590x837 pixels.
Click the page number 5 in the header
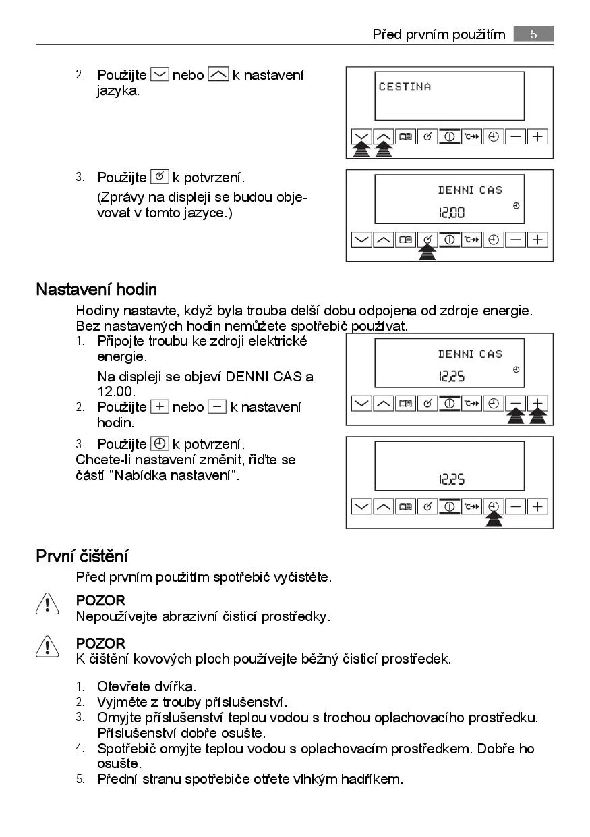click(x=533, y=34)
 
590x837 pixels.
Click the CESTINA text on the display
click(x=405, y=86)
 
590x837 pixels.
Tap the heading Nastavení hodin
click(x=96, y=290)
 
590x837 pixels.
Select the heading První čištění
click(x=82, y=556)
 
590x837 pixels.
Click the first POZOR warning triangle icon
click(x=47, y=603)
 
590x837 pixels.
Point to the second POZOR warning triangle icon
click(x=47, y=647)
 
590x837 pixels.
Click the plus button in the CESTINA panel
click(x=537, y=136)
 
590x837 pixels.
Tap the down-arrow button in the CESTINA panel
click(x=362, y=136)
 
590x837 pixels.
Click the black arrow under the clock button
click(x=494, y=518)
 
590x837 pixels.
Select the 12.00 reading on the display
click(x=452, y=213)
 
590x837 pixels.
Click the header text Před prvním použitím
click(x=438, y=34)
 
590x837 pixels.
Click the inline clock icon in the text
click(x=160, y=444)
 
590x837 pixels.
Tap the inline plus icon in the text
click(x=159, y=407)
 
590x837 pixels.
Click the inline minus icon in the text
click(x=217, y=407)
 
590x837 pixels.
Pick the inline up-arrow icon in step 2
click(x=218, y=75)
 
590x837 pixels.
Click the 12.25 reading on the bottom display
click(x=452, y=480)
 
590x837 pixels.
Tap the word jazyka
click(x=118, y=90)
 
